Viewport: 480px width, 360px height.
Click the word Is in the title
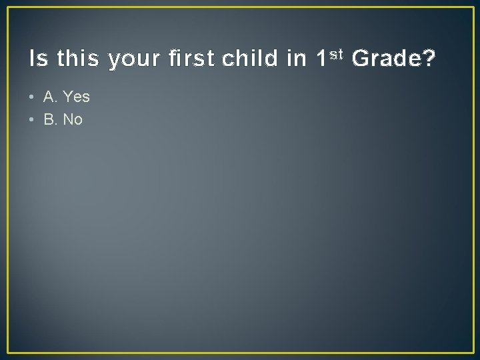pyautogui.click(x=39, y=60)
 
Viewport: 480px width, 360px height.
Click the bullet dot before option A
pyautogui.click(x=32, y=97)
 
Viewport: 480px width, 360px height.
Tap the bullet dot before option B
pyautogui.click(x=32, y=120)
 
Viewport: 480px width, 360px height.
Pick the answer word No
pyautogui.click(x=73, y=120)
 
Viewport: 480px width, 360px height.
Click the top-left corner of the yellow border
pyautogui.click(x=8, y=8)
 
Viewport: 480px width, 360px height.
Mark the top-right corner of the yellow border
pyautogui.click(x=472, y=8)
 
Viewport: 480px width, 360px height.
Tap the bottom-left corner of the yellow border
pyautogui.click(x=8, y=352)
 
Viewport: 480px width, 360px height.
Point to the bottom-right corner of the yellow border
pyautogui.click(x=472, y=352)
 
